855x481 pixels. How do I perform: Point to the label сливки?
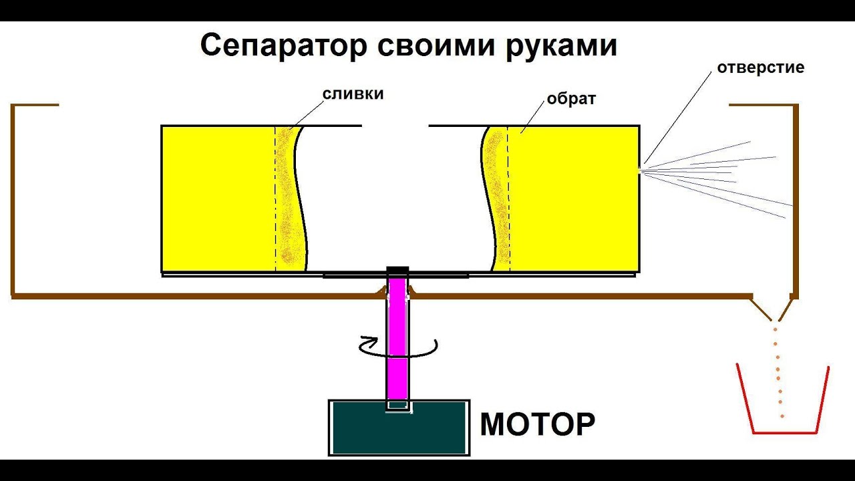pos(353,94)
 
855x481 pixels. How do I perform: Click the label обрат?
pos(571,98)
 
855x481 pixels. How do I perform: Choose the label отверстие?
pos(761,67)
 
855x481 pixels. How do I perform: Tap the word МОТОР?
pos(538,424)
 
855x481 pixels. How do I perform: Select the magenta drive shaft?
pos(397,340)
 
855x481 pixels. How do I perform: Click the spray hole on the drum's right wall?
pos(640,170)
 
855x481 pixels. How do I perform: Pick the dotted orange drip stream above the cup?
pos(778,372)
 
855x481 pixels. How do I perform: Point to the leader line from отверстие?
pos(677,118)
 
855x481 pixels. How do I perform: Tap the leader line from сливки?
pos(306,116)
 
